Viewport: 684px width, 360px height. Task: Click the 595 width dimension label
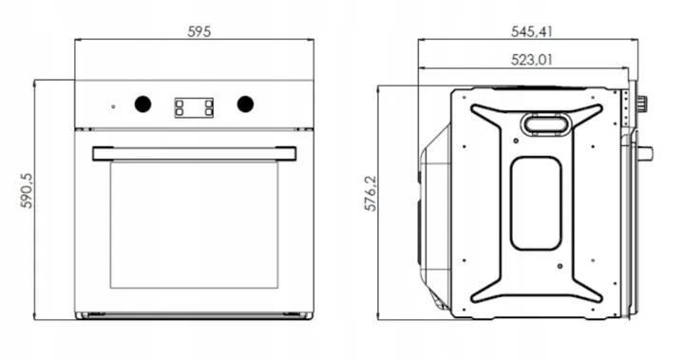click(x=199, y=31)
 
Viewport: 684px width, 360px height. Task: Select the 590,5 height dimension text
click(x=27, y=191)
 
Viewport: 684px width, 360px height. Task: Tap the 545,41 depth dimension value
click(x=531, y=31)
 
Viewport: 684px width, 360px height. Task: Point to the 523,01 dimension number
click(x=531, y=59)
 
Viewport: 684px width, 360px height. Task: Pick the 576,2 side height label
click(x=370, y=194)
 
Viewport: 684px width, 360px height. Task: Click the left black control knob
click(x=142, y=104)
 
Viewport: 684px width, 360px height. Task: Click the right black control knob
click(x=245, y=104)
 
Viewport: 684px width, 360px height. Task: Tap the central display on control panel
click(x=194, y=107)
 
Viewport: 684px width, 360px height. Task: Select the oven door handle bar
click(x=194, y=154)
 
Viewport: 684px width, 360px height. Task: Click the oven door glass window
click(x=194, y=225)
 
